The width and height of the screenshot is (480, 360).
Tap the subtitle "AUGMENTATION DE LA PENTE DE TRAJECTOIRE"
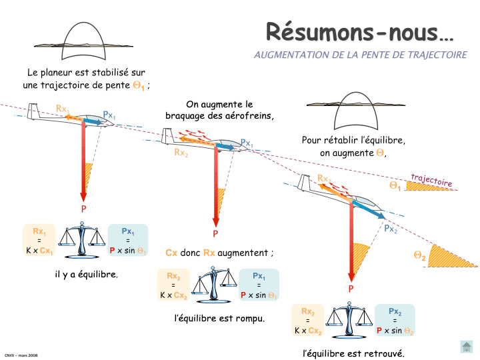(360, 55)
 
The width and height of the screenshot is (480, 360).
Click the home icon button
(467, 347)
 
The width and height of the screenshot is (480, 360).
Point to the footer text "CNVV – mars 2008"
(21, 355)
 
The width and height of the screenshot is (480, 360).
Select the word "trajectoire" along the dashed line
(431, 179)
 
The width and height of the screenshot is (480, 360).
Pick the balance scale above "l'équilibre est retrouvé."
(349, 321)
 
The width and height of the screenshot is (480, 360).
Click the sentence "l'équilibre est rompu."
(219, 318)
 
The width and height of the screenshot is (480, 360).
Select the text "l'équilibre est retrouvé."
(353, 353)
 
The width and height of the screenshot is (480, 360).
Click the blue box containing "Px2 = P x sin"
(395, 321)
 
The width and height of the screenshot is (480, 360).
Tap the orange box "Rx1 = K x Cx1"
(39, 241)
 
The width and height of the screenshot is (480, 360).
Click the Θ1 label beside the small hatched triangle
(395, 186)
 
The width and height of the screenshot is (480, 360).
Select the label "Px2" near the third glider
(391, 229)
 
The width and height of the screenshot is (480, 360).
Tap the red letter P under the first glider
(84, 209)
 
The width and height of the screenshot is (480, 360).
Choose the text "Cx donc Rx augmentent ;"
(219, 253)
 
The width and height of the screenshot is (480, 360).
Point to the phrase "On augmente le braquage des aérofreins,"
(219, 109)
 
